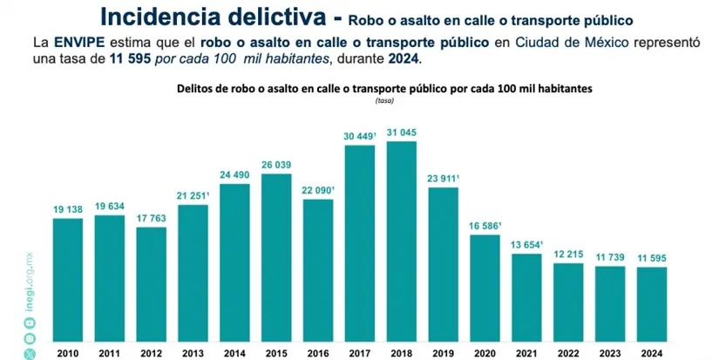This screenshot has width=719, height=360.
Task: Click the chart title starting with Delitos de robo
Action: tap(384, 89)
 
